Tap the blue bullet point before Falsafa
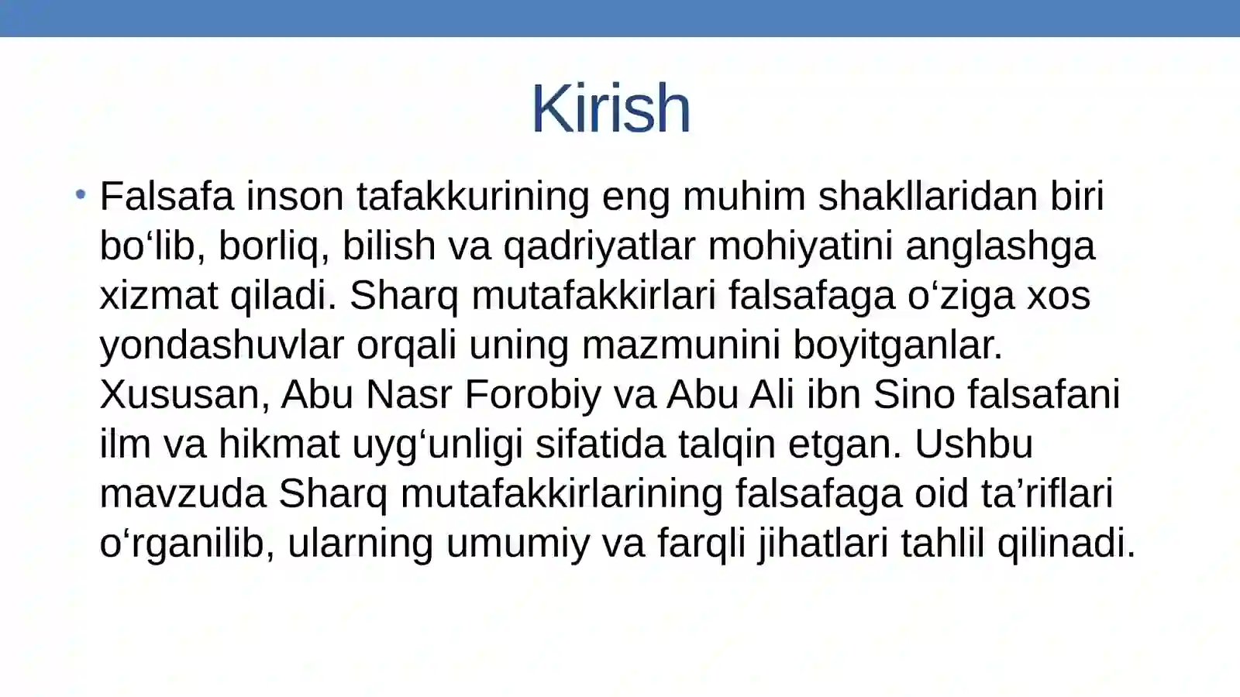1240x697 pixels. point(81,194)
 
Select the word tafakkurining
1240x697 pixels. point(474,197)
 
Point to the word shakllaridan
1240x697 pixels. point(928,196)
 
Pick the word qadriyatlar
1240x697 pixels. point(600,247)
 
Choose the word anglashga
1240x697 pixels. point(1001,247)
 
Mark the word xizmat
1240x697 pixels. point(159,295)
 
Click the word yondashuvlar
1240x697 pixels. point(222,345)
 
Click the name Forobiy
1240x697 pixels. point(533,395)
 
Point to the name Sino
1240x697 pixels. point(914,394)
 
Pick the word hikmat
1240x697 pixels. point(279,444)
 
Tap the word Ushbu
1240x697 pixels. point(973,444)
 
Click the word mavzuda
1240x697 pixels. point(183,494)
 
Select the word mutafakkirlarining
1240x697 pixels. point(562,495)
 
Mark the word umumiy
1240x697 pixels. point(518,544)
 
